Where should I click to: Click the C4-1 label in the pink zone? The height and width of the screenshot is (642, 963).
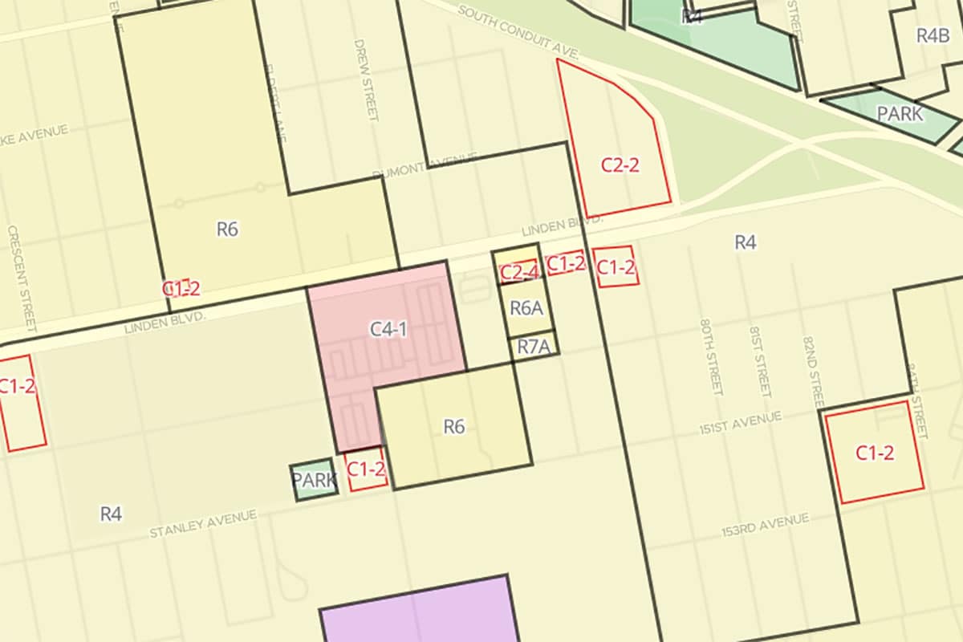[x=387, y=328]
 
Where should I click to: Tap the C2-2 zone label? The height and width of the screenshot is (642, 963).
[x=620, y=165]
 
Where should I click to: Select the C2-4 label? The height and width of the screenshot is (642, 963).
[x=519, y=272]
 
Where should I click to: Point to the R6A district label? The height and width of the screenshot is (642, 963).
[x=526, y=307]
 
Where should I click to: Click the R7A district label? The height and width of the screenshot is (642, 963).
[x=534, y=347]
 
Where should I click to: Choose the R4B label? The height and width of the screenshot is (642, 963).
[x=933, y=35]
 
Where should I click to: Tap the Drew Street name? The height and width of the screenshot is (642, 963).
[x=365, y=79]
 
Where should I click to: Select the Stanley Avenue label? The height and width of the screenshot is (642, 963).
[x=203, y=523]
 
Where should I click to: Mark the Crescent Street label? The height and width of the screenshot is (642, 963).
[x=22, y=278]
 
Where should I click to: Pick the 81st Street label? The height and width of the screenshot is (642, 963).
[x=760, y=361]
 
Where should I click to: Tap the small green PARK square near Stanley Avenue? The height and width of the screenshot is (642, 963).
[x=313, y=480]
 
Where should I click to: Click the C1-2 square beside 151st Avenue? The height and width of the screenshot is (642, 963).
[x=875, y=452]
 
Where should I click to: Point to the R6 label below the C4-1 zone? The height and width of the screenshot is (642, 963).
[x=454, y=426]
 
